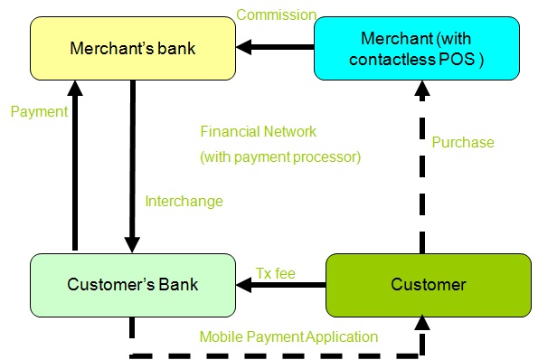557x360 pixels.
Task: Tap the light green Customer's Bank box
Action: pos(132,285)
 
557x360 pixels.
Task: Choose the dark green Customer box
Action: pos(428,285)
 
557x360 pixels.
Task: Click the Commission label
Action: pos(276,14)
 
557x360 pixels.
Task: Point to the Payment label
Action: pos(39,112)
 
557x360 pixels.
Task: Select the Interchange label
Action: pos(184,201)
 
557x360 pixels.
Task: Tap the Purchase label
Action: pos(462,142)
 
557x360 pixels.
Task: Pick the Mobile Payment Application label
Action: pos(288,336)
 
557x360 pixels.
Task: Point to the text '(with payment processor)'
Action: pos(279,156)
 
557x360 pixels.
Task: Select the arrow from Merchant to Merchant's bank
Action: pos(276,48)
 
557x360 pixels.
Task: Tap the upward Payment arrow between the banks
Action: pos(75,163)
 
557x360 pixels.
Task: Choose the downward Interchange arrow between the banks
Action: pos(132,163)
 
